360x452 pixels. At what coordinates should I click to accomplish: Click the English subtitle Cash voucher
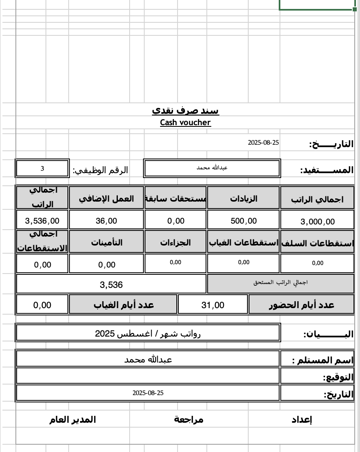[x=185, y=123]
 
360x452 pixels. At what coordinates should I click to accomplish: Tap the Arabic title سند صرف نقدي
[x=185, y=111]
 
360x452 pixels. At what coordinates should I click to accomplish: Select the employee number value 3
[x=42, y=168]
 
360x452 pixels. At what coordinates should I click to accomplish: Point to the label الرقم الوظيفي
[x=100, y=170]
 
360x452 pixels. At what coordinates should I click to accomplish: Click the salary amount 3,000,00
[x=318, y=222]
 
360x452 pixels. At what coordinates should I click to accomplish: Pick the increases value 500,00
[x=243, y=221]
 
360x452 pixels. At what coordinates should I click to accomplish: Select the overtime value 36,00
[x=106, y=221]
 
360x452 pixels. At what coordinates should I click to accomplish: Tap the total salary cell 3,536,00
[x=42, y=221]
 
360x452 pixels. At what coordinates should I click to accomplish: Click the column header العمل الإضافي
[x=106, y=198]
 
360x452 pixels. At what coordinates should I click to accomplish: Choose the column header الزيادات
[x=243, y=198]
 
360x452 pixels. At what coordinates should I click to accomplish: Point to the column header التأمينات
[x=106, y=242]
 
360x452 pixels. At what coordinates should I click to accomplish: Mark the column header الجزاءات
[x=176, y=242]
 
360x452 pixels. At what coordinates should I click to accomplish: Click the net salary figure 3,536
[x=111, y=285]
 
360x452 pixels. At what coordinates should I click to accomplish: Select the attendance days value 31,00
[x=213, y=305]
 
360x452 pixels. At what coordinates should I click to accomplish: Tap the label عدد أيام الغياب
[x=124, y=305]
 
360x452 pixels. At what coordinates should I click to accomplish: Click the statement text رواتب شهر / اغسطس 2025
[x=148, y=334]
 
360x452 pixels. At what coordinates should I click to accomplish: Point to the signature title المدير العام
[x=73, y=419]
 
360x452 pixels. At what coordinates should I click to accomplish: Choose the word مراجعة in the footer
[x=189, y=419]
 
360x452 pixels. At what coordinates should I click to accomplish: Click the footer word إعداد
[x=302, y=420]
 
